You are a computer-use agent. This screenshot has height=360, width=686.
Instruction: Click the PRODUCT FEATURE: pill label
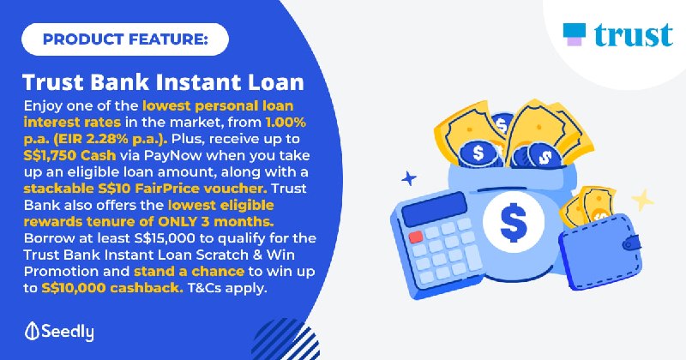point(125,39)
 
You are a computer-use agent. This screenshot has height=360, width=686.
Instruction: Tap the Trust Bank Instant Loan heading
point(163,82)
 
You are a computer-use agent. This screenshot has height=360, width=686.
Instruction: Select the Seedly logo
point(59,332)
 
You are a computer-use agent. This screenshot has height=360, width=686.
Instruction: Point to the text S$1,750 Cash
point(70,155)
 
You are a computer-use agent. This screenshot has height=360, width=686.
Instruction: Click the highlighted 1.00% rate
point(286,122)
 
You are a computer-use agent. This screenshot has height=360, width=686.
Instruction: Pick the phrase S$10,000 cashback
point(112,288)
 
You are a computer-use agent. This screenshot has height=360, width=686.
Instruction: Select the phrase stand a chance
point(189,271)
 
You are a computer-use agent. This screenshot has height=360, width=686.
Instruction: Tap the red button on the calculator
point(416,237)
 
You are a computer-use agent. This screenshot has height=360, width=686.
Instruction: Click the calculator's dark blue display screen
point(434,209)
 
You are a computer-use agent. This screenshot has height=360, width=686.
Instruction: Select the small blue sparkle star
point(409,178)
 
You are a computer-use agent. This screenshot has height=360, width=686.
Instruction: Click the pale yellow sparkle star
point(642,200)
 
